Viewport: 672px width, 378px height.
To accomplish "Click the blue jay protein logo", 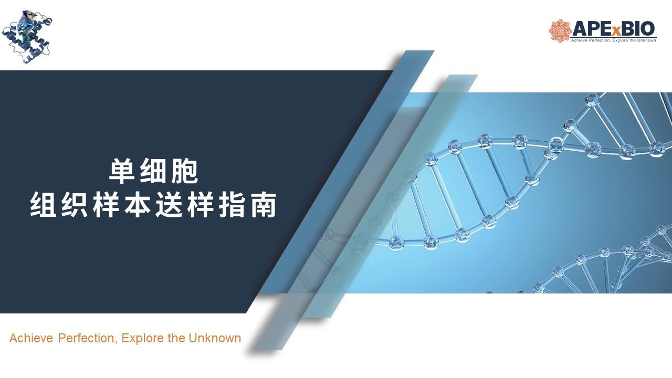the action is (27, 37).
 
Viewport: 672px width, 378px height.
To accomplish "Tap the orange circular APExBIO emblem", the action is (559, 31).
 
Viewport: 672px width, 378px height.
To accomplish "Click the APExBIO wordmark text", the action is (614, 29).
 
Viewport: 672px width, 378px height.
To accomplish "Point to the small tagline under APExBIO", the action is (613, 40).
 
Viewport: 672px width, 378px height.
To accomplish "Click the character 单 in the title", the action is (121, 171).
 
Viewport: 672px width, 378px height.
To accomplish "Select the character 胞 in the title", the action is (184, 171).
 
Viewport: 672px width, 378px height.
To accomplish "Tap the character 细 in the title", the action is (153, 171).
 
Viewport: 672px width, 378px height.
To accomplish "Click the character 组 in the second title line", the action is (43, 205).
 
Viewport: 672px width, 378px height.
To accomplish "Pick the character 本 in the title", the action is (138, 205).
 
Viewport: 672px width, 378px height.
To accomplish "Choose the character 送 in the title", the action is (169, 205).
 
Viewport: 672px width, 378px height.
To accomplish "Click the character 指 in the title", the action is (232, 205).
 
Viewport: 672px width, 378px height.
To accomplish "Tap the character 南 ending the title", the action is (263, 205).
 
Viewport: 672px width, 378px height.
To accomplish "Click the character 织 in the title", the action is (75, 205).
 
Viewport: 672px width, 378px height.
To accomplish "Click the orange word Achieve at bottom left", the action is (31, 338).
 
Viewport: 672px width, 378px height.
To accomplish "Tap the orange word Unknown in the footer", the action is (215, 338).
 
